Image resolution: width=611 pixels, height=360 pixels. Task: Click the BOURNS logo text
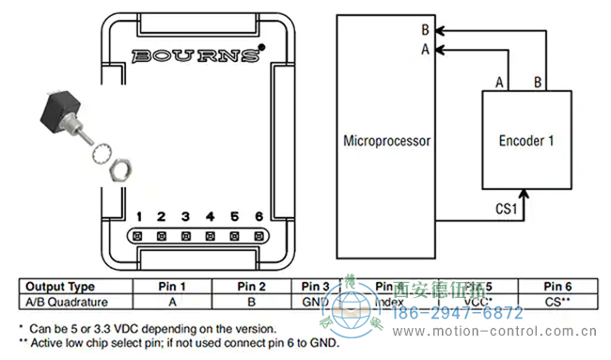[196, 55]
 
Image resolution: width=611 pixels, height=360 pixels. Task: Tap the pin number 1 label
[138, 216]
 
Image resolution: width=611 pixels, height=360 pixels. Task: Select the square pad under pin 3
[185, 236]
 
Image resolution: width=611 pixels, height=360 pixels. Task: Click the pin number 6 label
[258, 216]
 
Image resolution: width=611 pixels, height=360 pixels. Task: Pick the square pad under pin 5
[234, 236]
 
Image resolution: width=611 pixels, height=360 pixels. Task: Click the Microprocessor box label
[385, 142]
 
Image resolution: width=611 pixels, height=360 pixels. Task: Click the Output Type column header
[59, 287]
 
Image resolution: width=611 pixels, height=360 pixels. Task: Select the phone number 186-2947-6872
[457, 313]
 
